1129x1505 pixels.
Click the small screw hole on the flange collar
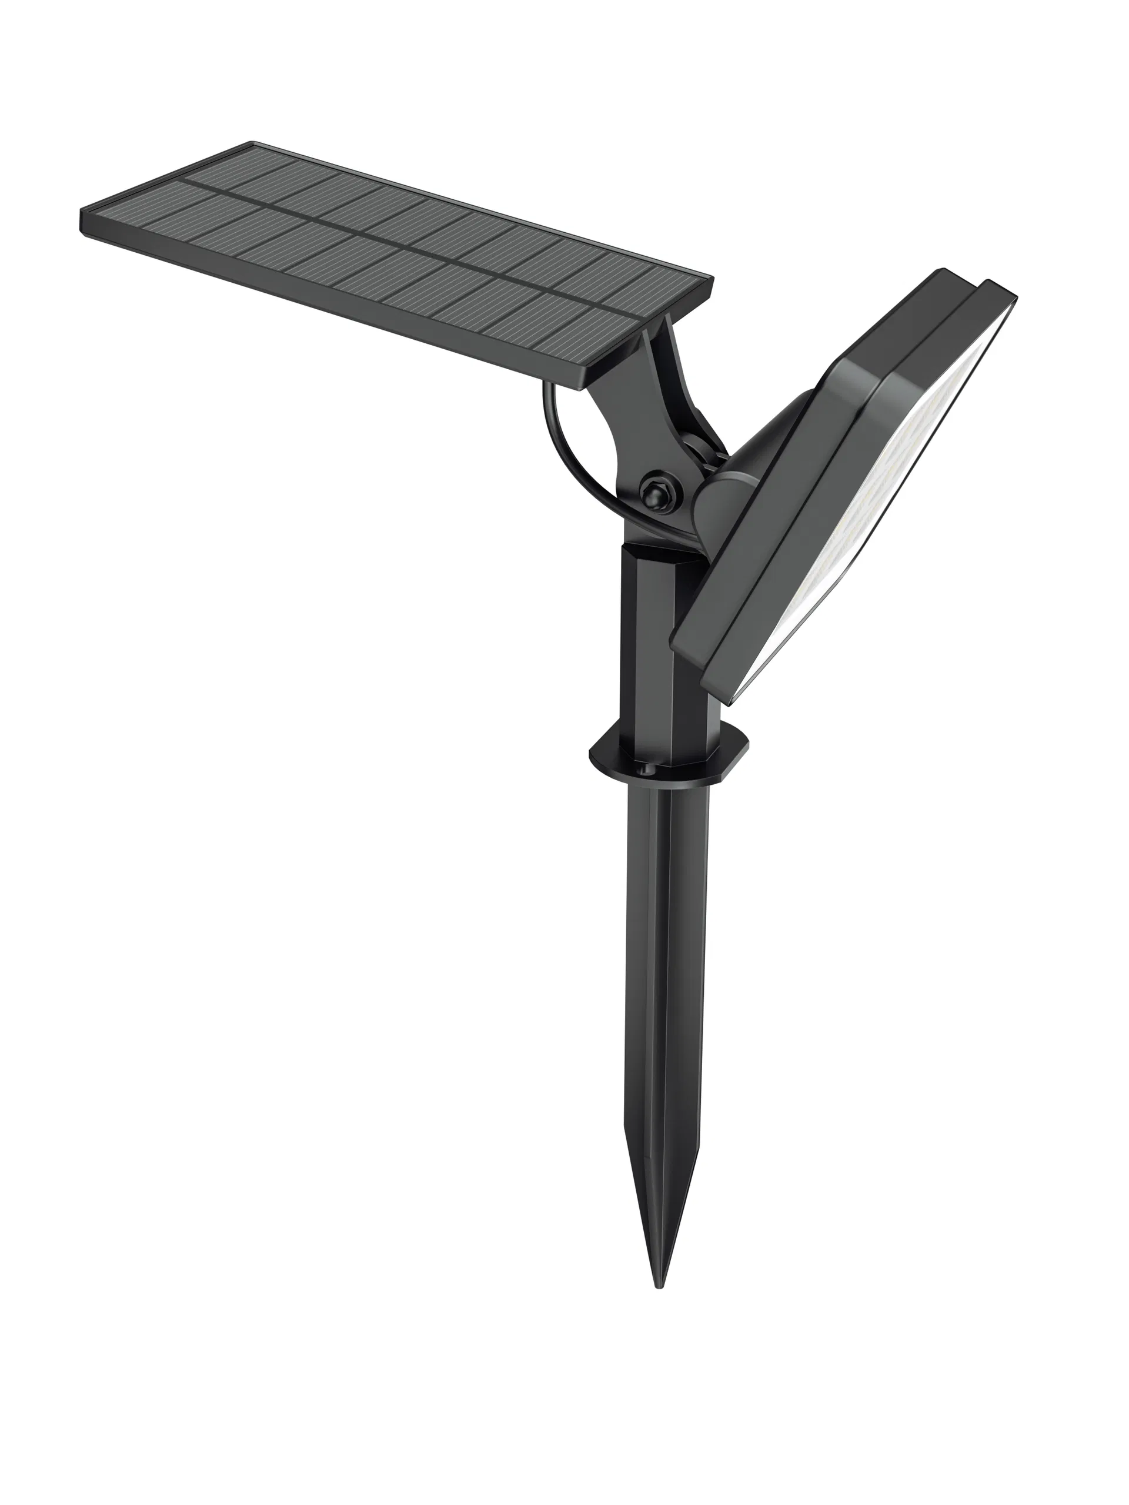click(x=644, y=770)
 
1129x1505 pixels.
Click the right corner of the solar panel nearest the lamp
click(x=712, y=279)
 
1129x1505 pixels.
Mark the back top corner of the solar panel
click(x=253, y=143)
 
